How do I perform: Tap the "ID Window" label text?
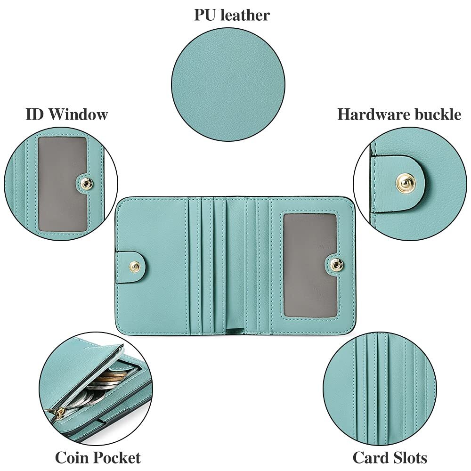coord(66,114)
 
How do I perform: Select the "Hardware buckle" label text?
coord(399,114)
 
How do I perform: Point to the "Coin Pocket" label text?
coord(97,457)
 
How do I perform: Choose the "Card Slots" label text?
coord(390,457)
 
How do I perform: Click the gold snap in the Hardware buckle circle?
coord(405,182)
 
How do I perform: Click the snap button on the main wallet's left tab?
coord(136,267)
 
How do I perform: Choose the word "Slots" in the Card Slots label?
coord(409,457)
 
